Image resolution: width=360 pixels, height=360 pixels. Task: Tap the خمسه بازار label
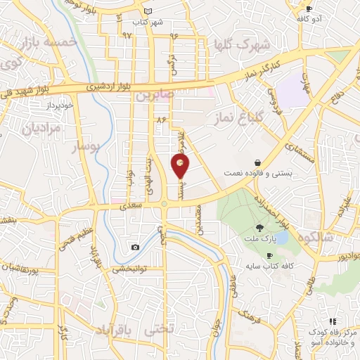pos(49,43)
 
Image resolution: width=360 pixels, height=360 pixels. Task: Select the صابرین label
pos(154,94)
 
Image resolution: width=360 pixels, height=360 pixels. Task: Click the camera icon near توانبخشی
pos(135,247)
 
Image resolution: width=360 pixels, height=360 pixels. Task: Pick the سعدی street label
pos(131,207)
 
